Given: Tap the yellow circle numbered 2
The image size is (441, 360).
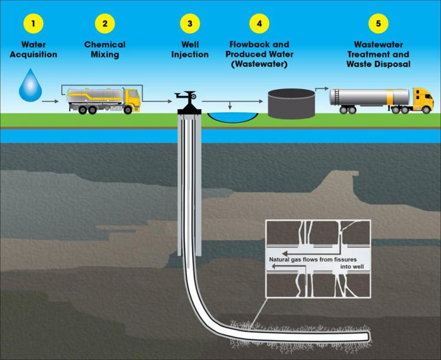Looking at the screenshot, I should point(105,24).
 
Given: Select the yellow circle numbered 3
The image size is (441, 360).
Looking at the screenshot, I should point(190,24).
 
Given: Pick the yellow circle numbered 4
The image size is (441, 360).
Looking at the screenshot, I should point(259,24).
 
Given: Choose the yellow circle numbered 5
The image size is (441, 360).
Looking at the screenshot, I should point(378,24).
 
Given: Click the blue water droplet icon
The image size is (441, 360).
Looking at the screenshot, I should point(28,85).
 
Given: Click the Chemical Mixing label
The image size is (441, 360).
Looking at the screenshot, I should point(105,50).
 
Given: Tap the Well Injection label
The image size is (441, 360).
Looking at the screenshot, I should point(190,50).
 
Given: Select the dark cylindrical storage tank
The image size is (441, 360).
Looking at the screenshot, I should point(291,103).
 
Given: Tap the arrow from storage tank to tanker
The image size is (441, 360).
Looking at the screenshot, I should point(322,89).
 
